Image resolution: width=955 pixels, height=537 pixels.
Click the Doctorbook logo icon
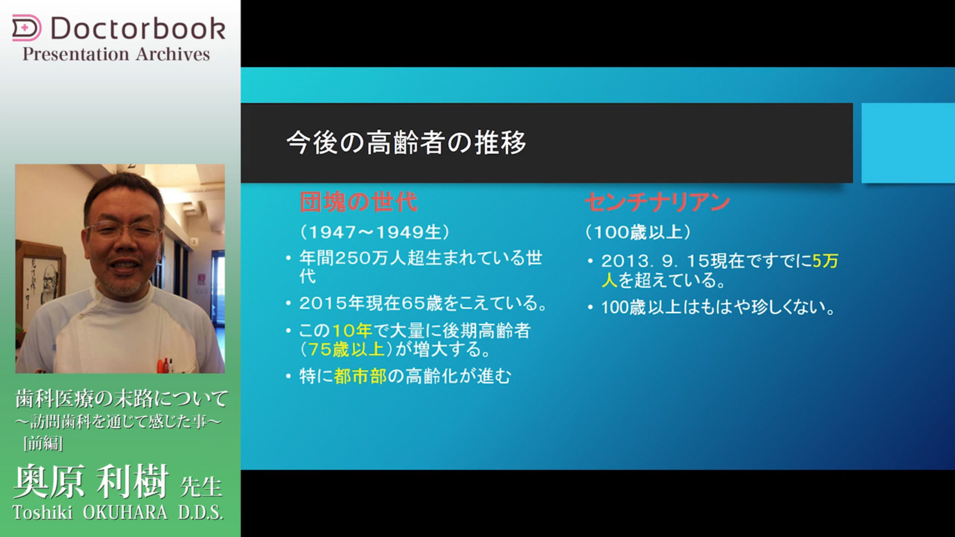[x=26, y=28]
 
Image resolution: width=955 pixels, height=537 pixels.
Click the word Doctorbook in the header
[x=138, y=28]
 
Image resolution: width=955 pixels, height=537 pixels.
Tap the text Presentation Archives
[x=116, y=54]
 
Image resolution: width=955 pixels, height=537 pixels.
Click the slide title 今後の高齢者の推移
[x=406, y=143]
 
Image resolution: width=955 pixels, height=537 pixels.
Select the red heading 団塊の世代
[x=358, y=202]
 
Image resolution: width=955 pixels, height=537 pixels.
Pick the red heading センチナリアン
[x=658, y=202]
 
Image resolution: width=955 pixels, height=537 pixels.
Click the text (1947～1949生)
[x=375, y=232]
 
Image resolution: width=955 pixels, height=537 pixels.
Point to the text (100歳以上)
[x=638, y=232]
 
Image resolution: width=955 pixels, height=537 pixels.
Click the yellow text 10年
[x=352, y=331]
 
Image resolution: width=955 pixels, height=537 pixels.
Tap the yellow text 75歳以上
[x=346, y=350]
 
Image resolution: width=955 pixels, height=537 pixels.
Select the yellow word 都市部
[x=360, y=376]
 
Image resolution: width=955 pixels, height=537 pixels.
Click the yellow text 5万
[x=826, y=261]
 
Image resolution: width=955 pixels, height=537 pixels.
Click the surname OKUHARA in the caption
[x=125, y=513]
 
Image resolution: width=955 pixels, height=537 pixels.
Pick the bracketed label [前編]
[x=43, y=443]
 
